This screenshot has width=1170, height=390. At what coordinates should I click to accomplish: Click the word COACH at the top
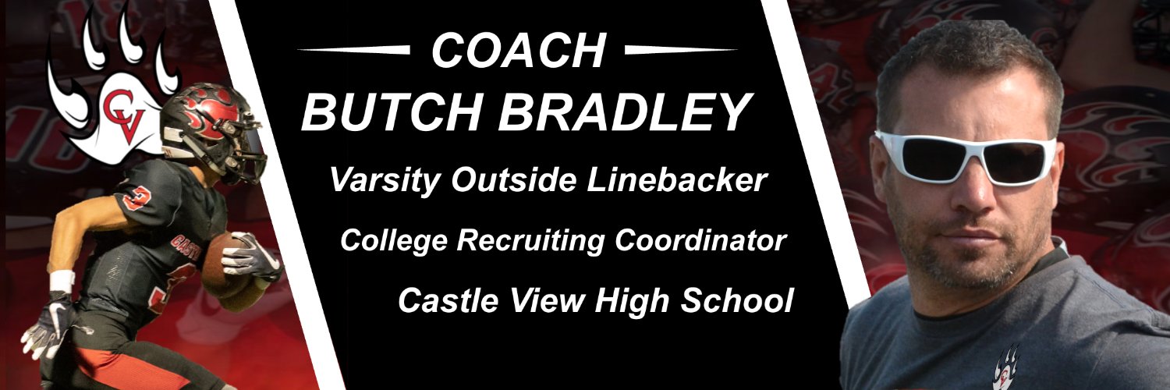point(518,52)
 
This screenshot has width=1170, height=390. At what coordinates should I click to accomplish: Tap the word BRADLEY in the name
point(625,112)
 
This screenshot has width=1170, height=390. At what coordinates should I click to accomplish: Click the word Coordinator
point(699,241)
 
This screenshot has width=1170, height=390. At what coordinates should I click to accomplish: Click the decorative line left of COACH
point(355,50)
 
